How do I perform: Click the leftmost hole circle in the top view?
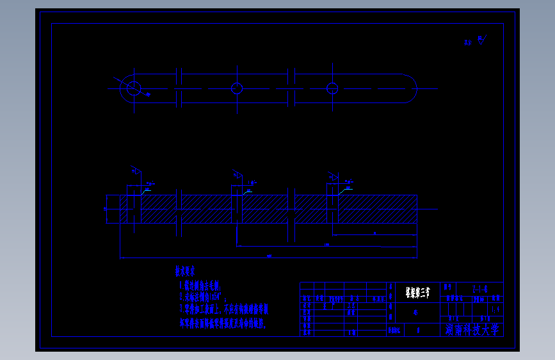133,88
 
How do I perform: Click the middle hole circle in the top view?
237,88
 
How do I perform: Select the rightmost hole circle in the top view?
332,88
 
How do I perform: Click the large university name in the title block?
474,329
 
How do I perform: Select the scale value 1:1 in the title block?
495,308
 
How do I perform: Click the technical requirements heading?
185,271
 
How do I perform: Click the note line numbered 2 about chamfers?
204,297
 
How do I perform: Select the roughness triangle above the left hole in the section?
136,171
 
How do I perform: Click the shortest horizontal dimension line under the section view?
375,235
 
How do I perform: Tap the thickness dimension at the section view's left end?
106,209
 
